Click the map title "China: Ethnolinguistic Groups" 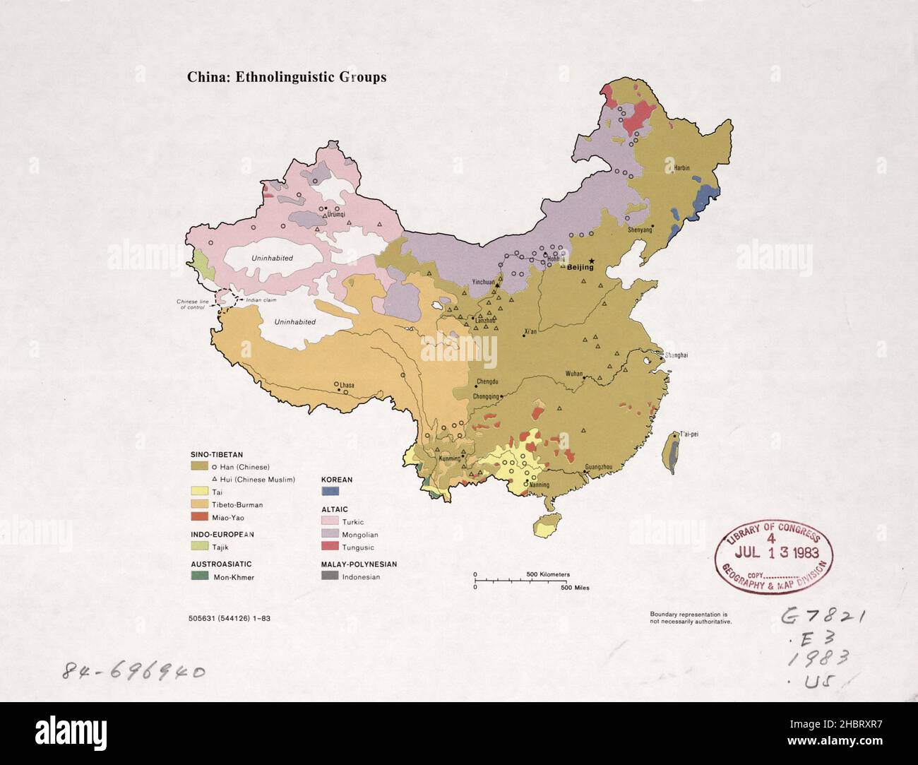click(x=286, y=78)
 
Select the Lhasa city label click(x=346, y=386)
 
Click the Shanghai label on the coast click(x=675, y=355)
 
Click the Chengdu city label click(x=487, y=382)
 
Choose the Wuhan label click(x=574, y=374)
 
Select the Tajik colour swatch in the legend click(x=200, y=547)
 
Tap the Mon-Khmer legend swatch click(x=200, y=576)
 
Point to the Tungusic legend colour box click(x=330, y=547)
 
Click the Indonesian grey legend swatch click(x=330, y=576)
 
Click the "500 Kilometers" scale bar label click(x=548, y=574)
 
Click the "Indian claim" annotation click(x=261, y=300)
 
